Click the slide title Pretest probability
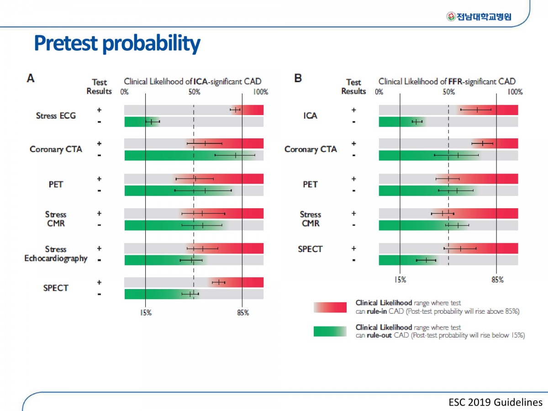pyautogui.click(x=117, y=44)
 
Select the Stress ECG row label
pyautogui.click(x=56, y=116)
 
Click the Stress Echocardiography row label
pyautogui.click(x=56, y=254)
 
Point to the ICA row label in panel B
pyautogui.click(x=310, y=116)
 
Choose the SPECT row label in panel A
pyautogui.click(x=56, y=288)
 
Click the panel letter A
pyautogui.click(x=31, y=78)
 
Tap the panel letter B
pyautogui.click(x=298, y=78)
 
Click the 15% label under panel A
pyautogui.click(x=146, y=313)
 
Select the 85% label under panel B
pyautogui.click(x=497, y=280)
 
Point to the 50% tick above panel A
pyautogui.click(x=194, y=92)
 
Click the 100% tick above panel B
pyautogui.click(x=515, y=92)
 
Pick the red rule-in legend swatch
pyautogui.click(x=330, y=307)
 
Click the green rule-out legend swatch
pyautogui.click(x=330, y=332)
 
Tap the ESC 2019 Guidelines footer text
pyautogui.click(x=495, y=402)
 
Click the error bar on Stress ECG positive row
pyautogui.click(x=235, y=110)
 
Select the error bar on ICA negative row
pyautogui.click(x=417, y=122)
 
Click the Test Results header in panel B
pyautogui.click(x=353, y=87)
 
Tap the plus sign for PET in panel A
pyautogui.click(x=100, y=179)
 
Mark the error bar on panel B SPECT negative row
pyautogui.click(x=426, y=260)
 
